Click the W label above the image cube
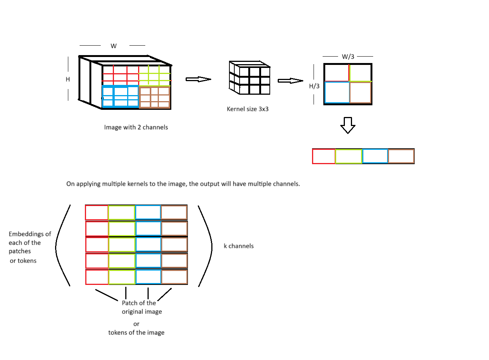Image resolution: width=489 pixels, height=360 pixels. click(114, 46)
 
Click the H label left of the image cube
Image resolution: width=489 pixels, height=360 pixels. click(68, 79)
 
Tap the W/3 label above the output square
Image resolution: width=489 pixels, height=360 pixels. click(348, 57)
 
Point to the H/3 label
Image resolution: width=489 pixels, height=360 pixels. click(314, 86)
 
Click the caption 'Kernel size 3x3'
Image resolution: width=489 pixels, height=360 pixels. click(248, 109)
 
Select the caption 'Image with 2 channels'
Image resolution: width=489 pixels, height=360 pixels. click(136, 127)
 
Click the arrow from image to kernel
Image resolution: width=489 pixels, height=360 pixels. click(198, 79)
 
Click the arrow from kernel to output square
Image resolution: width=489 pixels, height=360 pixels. click(290, 80)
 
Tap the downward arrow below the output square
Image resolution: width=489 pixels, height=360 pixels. click(348, 125)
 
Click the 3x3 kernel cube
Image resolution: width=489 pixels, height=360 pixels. click(250, 78)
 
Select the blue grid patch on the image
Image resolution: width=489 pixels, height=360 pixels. click(120, 97)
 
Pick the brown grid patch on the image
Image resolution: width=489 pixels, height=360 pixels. click(155, 97)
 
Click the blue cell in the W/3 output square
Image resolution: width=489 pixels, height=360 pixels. click(337, 92)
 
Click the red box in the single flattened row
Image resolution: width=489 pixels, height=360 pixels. click(324, 156)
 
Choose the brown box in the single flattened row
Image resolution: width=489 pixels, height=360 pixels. click(401, 156)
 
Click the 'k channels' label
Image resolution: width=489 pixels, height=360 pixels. click(238, 246)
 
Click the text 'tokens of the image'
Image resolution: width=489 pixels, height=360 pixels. click(136, 332)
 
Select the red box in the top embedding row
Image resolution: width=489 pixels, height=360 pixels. click(97, 212)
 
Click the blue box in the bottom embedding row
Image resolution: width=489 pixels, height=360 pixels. click(148, 277)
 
